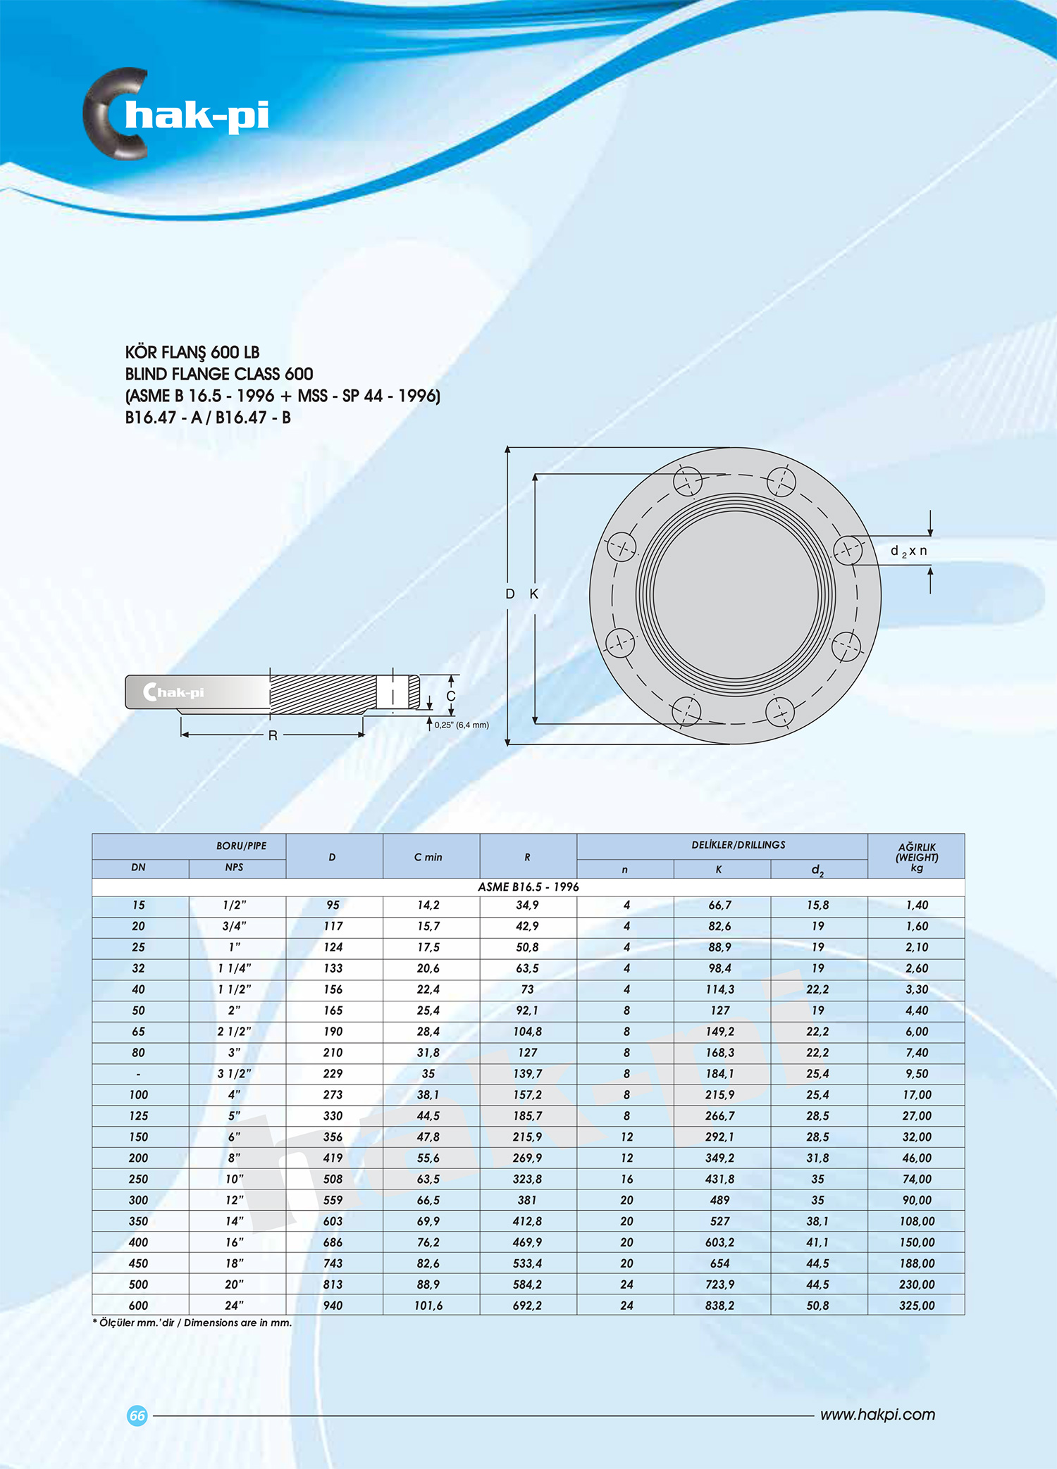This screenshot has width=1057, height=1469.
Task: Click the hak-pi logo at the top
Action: [176, 114]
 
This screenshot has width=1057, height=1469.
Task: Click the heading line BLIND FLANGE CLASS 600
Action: [218, 374]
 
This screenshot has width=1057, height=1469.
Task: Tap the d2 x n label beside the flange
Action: [909, 551]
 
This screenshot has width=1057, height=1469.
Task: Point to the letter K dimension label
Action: [534, 594]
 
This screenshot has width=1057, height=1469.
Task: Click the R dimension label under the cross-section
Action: [273, 735]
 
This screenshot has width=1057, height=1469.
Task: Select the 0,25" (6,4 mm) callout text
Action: [462, 725]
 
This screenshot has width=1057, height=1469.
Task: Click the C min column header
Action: [428, 857]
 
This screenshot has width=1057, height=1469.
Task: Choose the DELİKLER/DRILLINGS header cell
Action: [738, 845]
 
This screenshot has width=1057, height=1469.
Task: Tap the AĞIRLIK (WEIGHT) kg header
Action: [917, 857]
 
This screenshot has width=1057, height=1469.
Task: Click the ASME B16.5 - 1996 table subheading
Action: [528, 887]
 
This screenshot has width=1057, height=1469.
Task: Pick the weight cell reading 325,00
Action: [917, 1305]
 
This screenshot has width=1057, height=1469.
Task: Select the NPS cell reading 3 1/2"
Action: [235, 1073]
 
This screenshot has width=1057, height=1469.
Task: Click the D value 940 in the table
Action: [333, 1305]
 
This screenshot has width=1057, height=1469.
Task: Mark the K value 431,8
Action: [719, 1179]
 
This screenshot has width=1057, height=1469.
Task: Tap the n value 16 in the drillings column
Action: [626, 1179]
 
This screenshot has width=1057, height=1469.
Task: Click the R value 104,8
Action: [527, 1031]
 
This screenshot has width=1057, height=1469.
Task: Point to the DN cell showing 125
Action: [139, 1115]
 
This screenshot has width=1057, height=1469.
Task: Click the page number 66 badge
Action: [137, 1415]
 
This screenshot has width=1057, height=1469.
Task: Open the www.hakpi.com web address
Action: [877, 1415]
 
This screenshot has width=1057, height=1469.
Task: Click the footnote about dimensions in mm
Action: [192, 1323]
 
